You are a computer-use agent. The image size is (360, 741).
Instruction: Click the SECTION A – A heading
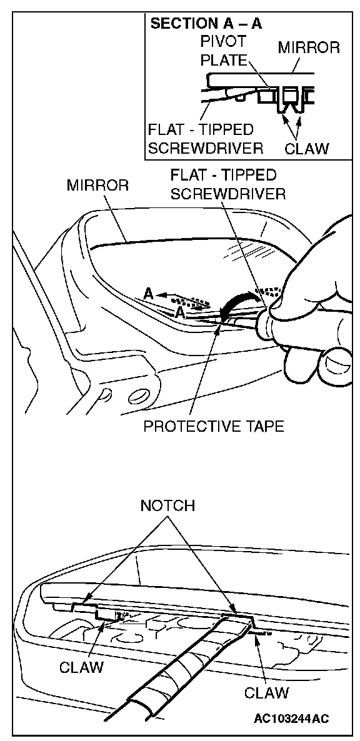pyautogui.click(x=206, y=24)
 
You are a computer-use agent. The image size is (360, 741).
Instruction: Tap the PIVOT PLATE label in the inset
pyautogui.click(x=224, y=51)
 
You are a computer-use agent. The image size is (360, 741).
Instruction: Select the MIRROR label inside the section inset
pyautogui.click(x=309, y=47)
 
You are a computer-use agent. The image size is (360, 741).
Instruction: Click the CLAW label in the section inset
pyautogui.click(x=307, y=149)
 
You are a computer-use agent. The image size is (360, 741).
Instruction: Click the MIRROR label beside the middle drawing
pyautogui.click(x=97, y=185)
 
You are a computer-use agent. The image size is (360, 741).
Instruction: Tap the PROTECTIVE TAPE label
pyautogui.click(x=214, y=426)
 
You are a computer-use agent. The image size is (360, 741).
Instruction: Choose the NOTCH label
pyautogui.click(x=167, y=505)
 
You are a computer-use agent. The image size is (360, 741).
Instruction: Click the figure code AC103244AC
pyautogui.click(x=291, y=719)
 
